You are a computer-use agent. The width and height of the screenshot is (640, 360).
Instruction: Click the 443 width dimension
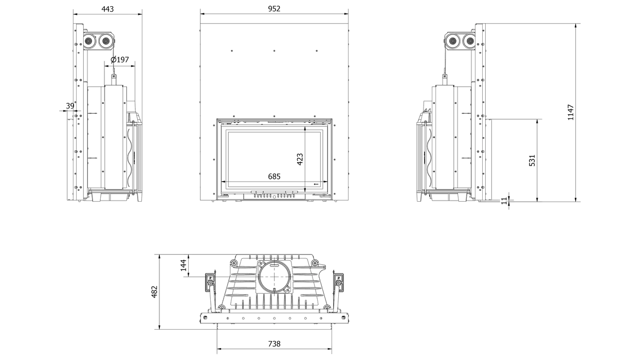108,9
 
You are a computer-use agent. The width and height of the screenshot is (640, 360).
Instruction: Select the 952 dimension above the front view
274,9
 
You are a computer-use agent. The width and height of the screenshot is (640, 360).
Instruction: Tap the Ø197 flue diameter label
120,60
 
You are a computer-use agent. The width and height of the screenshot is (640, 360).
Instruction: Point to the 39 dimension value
70,106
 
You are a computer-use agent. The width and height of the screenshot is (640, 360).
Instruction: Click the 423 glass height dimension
300,159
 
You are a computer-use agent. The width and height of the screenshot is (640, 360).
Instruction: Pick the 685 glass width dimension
274,176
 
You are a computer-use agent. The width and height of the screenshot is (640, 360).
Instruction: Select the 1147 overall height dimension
570,113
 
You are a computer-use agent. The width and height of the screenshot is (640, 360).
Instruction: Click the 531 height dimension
532,160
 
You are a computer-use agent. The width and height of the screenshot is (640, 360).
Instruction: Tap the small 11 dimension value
504,201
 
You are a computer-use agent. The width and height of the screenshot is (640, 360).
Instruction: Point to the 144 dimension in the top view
184,265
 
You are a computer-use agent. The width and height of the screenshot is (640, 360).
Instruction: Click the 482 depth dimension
154,292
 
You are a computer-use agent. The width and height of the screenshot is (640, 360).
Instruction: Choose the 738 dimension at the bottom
275,344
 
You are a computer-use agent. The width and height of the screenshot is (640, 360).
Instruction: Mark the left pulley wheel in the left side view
89,42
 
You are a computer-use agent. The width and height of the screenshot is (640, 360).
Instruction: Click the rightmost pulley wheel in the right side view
469,42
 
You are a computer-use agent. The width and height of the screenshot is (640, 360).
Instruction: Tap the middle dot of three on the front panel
275,51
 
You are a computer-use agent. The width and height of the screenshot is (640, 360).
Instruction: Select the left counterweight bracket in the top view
210,283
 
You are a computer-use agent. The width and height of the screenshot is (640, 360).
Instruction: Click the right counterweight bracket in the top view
339,283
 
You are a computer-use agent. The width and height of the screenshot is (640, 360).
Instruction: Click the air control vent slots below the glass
274,196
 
